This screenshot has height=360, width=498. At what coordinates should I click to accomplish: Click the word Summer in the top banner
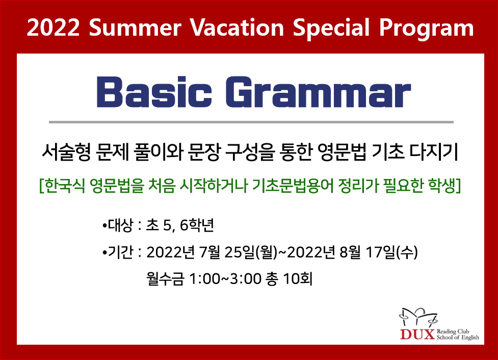point(135,28)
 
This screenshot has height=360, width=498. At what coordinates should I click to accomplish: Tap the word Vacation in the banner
point(237,28)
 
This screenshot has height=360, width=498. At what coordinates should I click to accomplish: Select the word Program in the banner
point(426,29)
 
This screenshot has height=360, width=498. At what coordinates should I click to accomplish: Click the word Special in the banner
point(331,29)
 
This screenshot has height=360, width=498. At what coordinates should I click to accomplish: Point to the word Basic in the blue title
point(154,92)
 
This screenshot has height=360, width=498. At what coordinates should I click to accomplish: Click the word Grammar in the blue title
point(318,92)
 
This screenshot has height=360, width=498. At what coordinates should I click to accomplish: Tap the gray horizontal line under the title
point(251,122)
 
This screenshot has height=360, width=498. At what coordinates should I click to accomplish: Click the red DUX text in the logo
point(417,335)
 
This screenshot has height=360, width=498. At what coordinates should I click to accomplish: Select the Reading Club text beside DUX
point(453,332)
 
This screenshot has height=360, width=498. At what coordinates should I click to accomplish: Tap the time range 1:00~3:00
point(225,279)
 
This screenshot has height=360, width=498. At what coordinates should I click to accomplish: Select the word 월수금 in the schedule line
point(165,279)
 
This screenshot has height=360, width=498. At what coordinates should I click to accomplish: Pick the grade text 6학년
point(197,225)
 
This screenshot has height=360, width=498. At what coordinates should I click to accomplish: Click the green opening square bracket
point(41,186)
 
